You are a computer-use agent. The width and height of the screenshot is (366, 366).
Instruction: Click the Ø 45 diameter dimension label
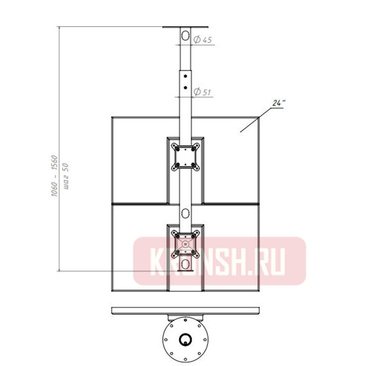204,40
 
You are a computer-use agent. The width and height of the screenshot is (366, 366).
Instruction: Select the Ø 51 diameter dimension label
204,92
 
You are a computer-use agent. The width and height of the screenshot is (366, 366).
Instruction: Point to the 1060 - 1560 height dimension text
54,174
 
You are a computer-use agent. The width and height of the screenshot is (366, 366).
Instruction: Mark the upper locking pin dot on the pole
185,77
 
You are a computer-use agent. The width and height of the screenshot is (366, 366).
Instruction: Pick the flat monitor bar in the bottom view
185,311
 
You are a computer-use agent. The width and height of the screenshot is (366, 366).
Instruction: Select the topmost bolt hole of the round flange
185,324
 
